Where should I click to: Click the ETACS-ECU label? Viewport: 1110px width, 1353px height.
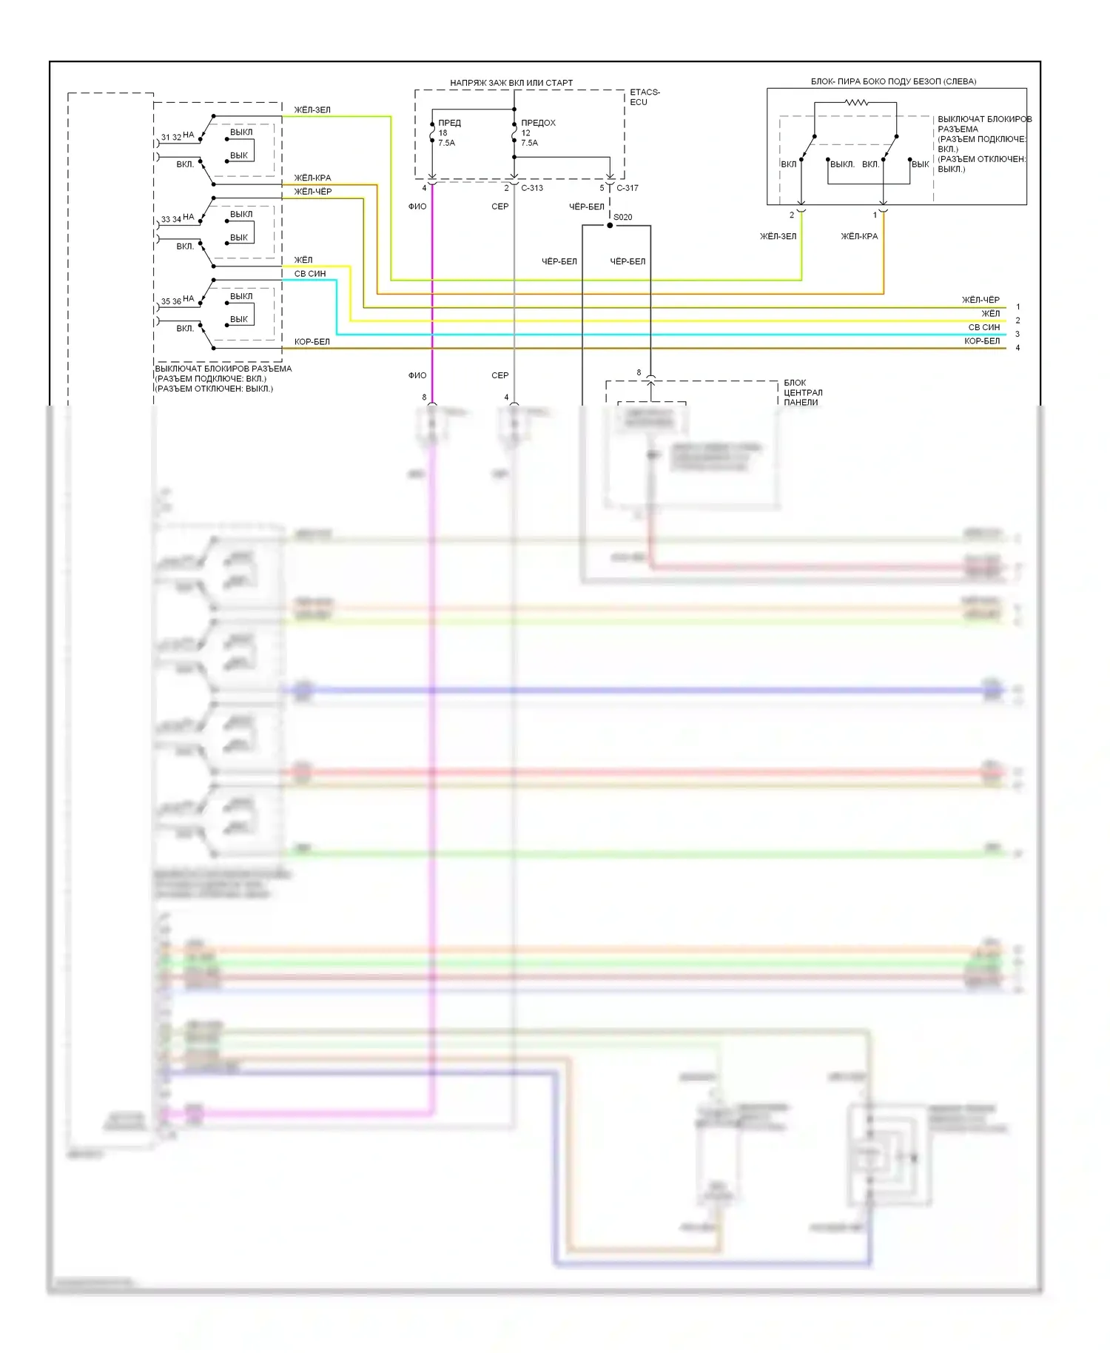(x=645, y=97)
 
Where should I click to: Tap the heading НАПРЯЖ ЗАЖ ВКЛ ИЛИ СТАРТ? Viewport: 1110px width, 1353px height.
(x=511, y=83)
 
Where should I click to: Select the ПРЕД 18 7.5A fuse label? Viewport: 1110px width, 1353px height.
(x=448, y=132)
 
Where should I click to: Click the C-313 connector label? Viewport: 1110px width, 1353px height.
(x=532, y=188)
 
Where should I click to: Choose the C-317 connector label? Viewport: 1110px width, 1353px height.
(x=627, y=188)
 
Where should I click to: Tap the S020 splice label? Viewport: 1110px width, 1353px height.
(x=623, y=217)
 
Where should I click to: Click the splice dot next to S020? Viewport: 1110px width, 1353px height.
(x=610, y=225)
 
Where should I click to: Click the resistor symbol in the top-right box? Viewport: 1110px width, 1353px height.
(x=856, y=102)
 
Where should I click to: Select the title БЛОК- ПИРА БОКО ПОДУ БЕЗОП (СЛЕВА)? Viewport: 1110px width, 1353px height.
(x=893, y=81)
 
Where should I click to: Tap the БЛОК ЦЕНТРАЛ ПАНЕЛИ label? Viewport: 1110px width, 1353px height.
(x=803, y=392)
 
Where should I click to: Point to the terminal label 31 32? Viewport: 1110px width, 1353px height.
(x=171, y=137)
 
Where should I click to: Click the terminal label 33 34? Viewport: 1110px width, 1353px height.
(x=171, y=219)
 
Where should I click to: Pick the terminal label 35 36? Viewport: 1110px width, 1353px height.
(x=171, y=301)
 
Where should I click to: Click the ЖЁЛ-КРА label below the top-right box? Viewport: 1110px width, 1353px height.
(x=859, y=236)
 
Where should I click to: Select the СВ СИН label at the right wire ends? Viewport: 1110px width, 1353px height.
(x=983, y=327)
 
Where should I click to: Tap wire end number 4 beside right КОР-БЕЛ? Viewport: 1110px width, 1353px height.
(x=1017, y=348)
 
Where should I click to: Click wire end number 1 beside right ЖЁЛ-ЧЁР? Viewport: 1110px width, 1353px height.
(x=1017, y=306)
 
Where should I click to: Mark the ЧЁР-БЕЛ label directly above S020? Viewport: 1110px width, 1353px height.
(x=586, y=207)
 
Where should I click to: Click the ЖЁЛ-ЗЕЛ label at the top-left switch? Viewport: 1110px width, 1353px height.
(x=312, y=110)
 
